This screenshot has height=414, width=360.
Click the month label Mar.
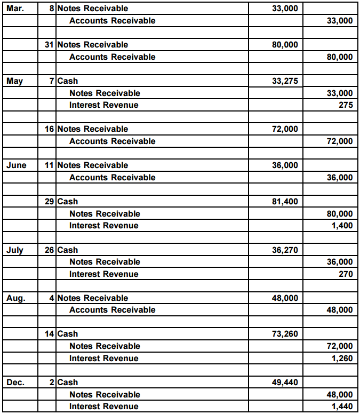pos(15,9)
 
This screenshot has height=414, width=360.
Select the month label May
pos(15,81)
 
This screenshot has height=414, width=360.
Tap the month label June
pos(17,165)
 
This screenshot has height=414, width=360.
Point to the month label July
pos(15,250)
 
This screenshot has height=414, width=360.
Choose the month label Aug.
pos(15,298)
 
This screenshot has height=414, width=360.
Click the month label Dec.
pos(15,383)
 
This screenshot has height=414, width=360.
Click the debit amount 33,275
pos(285,81)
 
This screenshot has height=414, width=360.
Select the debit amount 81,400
pos(285,202)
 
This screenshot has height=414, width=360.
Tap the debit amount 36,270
pos(285,250)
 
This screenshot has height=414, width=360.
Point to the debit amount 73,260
pos(285,334)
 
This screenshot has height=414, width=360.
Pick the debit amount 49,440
pos(285,383)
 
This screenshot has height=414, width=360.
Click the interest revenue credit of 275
pos(346,105)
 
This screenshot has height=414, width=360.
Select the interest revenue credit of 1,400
pos(342,226)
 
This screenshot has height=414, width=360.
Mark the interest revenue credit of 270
pos(346,274)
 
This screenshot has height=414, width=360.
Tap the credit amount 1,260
pos(342,359)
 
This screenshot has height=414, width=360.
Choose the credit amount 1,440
pos(342,407)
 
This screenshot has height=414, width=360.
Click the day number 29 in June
pos(49,202)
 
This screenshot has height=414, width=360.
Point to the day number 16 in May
pos(49,129)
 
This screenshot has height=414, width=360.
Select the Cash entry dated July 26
pos(67,250)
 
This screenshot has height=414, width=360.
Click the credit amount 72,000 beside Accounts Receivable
pos(339,141)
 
